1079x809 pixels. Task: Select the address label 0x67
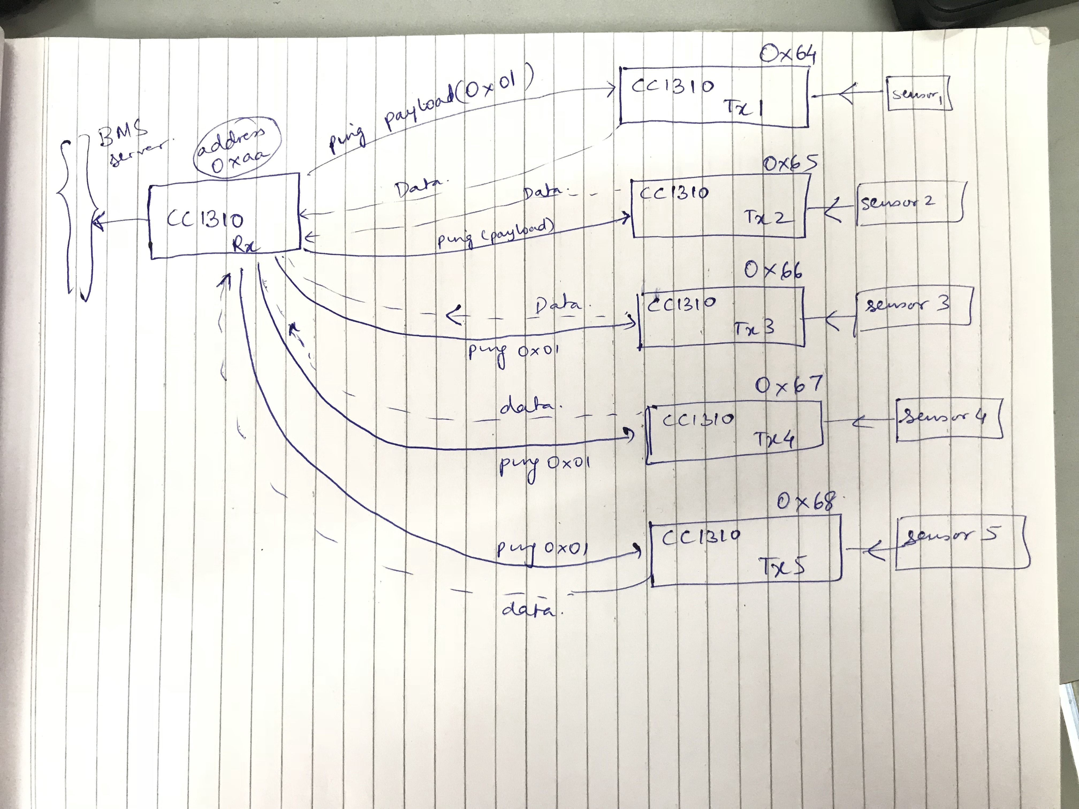[788, 385]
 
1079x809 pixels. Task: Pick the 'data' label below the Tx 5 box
[528, 609]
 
